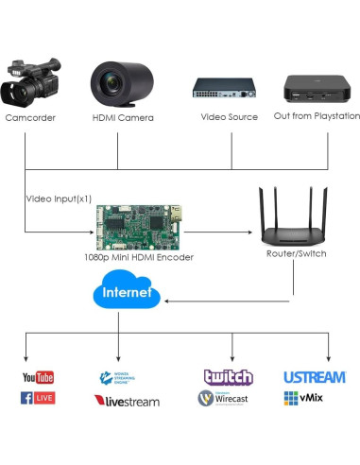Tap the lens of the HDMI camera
114,85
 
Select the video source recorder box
224,88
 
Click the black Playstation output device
317,88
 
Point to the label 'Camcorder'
29,117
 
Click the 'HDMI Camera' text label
123,117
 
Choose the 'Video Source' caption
228,117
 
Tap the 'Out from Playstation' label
317,116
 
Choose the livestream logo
127,401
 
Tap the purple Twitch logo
229,377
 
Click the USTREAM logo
314,377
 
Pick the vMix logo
303,399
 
